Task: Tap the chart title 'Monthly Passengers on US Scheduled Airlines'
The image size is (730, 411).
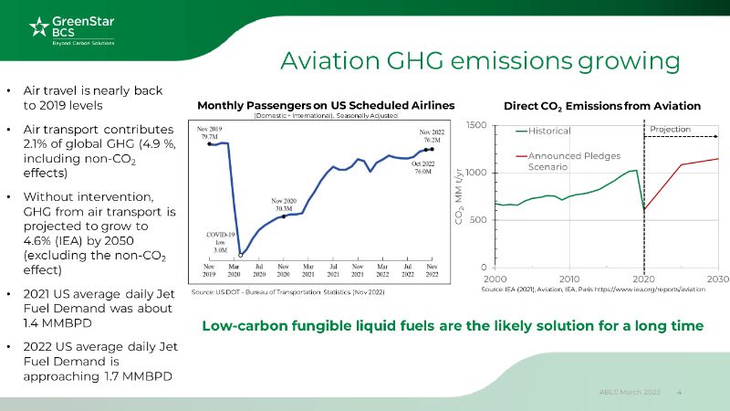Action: click(326, 105)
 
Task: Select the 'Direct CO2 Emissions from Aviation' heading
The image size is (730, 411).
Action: click(601, 106)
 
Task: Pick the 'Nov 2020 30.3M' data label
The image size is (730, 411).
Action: click(284, 204)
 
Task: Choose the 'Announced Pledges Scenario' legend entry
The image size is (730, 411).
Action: click(560, 162)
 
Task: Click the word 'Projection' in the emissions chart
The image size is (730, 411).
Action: click(670, 130)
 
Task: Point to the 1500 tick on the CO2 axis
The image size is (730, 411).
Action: click(476, 124)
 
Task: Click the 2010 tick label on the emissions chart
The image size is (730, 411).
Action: click(569, 278)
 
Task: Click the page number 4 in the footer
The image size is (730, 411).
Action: click(680, 392)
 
